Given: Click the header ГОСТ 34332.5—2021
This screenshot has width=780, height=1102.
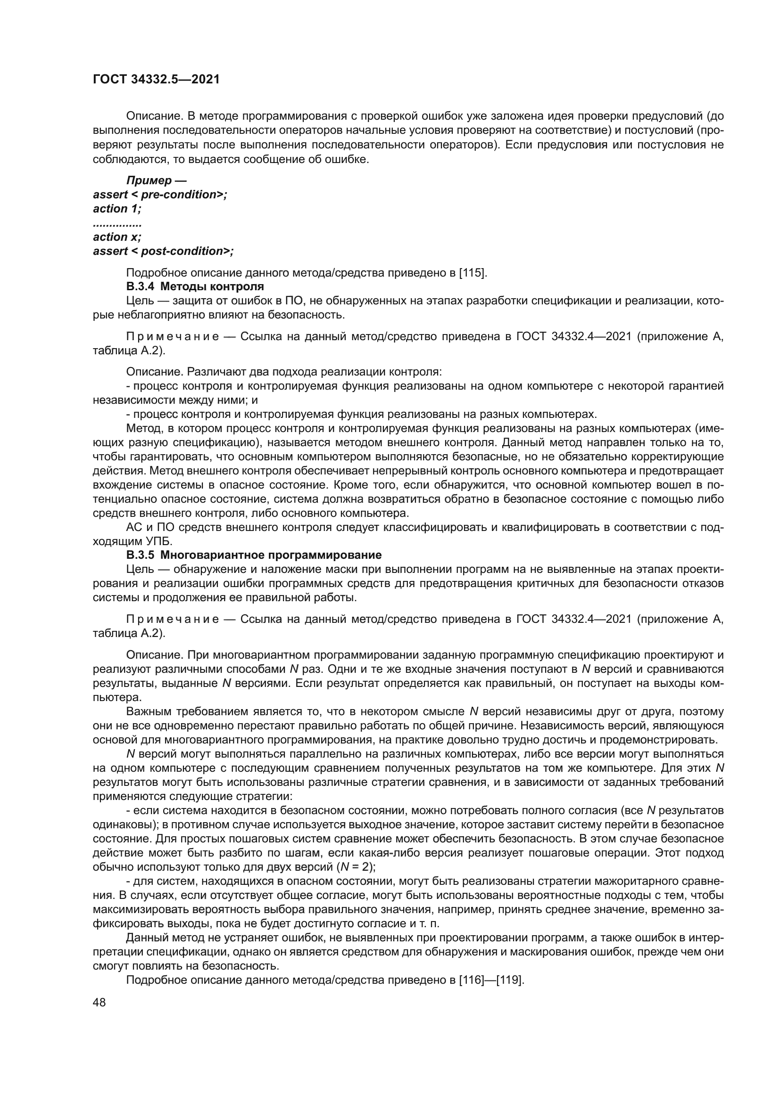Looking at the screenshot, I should coord(156,80).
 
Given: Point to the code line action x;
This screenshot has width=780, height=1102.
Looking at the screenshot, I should coord(116,237).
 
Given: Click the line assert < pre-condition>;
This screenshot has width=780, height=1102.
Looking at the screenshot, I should coord(160,195).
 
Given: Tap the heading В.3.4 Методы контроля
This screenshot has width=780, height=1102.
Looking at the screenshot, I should coord(195,287).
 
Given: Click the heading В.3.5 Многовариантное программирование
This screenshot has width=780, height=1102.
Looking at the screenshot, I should coord(254,555).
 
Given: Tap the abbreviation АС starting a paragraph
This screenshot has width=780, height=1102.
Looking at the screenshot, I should coord(133,528).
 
